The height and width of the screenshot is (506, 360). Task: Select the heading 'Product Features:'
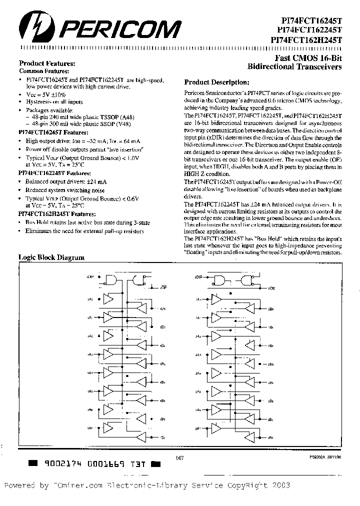(47, 63)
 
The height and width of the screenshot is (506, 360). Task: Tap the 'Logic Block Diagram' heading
(51, 257)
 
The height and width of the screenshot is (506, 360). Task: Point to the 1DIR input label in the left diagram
(90, 276)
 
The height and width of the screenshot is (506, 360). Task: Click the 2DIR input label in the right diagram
(198, 276)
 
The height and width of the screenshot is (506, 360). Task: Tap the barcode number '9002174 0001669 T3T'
(94, 463)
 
